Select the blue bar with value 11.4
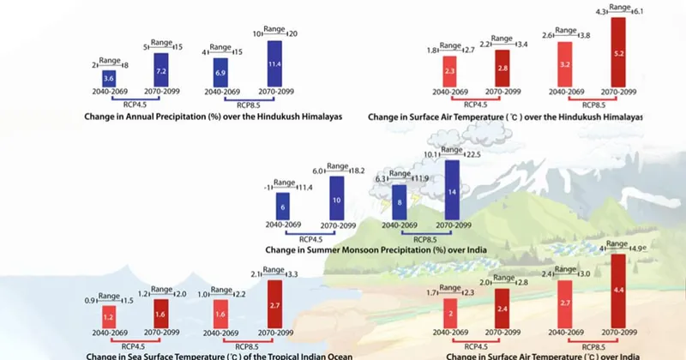click(274, 63)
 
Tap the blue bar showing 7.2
click(161, 69)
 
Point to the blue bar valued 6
click(282, 207)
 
